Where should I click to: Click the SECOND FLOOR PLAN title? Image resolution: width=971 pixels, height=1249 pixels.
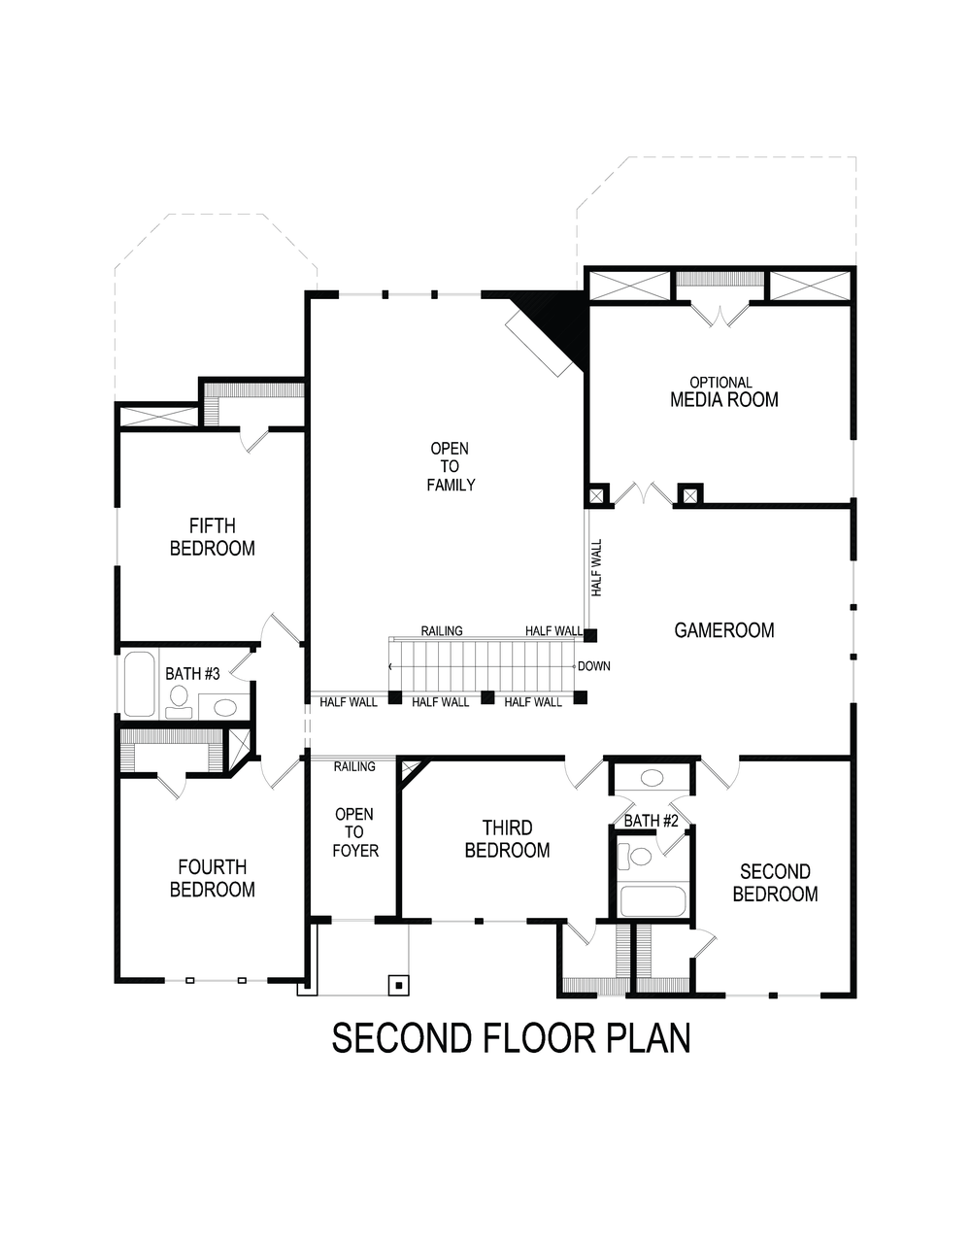[511, 1037]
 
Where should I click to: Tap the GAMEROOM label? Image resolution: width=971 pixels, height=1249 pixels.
[724, 630]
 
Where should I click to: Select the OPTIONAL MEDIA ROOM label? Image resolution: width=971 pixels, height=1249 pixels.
[723, 391]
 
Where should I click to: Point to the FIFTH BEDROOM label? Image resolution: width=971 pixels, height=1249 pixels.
[212, 537]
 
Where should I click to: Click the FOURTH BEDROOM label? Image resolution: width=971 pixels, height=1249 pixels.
[212, 878]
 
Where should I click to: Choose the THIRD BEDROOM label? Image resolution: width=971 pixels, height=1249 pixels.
[507, 839]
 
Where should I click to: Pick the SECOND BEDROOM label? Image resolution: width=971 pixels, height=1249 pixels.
[775, 883]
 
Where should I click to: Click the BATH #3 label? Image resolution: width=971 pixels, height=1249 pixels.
[192, 673]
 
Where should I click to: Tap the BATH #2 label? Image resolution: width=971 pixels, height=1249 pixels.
[651, 821]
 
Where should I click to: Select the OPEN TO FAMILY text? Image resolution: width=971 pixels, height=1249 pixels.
[451, 466]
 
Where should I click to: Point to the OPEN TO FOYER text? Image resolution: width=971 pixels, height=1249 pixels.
[354, 832]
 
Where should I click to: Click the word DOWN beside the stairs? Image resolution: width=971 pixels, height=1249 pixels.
[593, 666]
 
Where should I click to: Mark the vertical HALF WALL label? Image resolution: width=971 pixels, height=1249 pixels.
[596, 568]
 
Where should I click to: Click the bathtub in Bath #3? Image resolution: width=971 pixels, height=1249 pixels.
[139, 684]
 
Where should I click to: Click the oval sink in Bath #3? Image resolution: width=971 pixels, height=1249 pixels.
[225, 706]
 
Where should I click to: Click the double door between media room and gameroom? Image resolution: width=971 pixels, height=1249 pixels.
[641, 493]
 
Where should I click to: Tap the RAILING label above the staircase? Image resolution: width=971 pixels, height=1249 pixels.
[442, 630]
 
